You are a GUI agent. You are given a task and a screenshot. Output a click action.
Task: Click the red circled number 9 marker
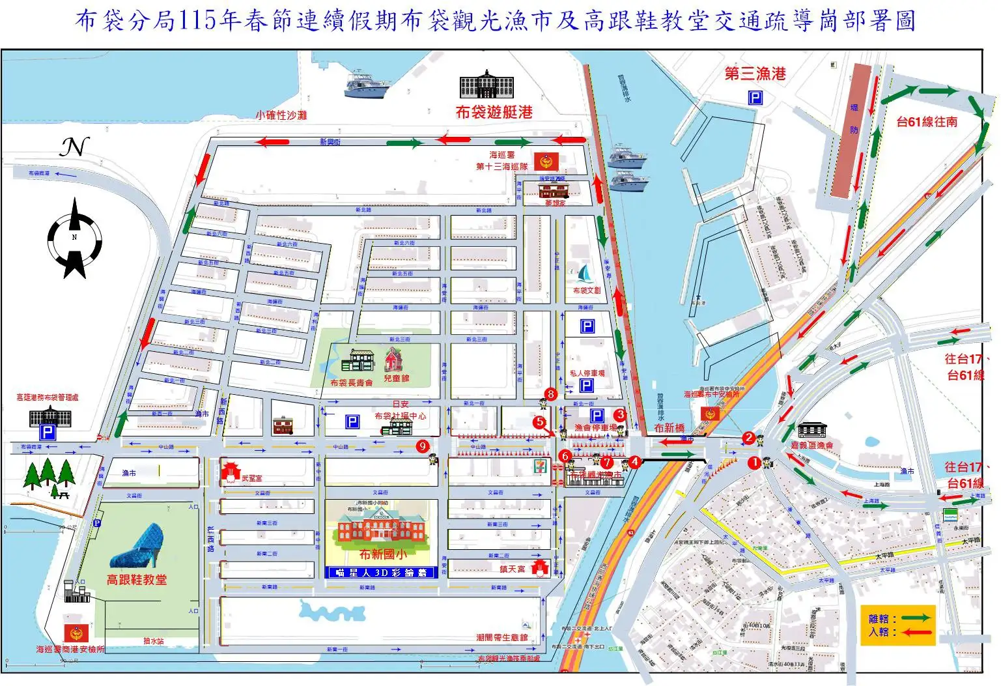pyautogui.click(x=423, y=446)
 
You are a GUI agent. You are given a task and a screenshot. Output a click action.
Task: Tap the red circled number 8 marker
pyautogui.click(x=551, y=393)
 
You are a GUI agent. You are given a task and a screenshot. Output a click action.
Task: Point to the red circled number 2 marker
pyautogui.click(x=749, y=438)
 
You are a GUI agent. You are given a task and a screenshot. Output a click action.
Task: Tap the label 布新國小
pyautogui.click(x=383, y=554)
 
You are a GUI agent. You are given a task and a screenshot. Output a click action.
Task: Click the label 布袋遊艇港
pyautogui.click(x=494, y=112)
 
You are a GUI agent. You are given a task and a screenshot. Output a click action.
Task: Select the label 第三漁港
pyautogui.click(x=755, y=74)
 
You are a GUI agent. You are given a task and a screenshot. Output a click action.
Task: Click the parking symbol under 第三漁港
pyautogui.click(x=755, y=98)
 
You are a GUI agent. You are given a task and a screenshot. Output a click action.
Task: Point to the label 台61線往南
pyautogui.click(x=926, y=122)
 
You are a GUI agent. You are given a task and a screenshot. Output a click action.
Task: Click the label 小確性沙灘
pyautogui.click(x=281, y=115)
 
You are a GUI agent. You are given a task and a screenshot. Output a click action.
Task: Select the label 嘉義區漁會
pyautogui.click(x=811, y=445)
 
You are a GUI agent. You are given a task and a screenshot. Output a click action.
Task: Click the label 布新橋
pyautogui.click(x=669, y=428)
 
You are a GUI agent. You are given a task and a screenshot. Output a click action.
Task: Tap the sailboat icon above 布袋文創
pyautogui.click(x=586, y=273)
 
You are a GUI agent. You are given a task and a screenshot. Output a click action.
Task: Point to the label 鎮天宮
pyautogui.click(x=512, y=569)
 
